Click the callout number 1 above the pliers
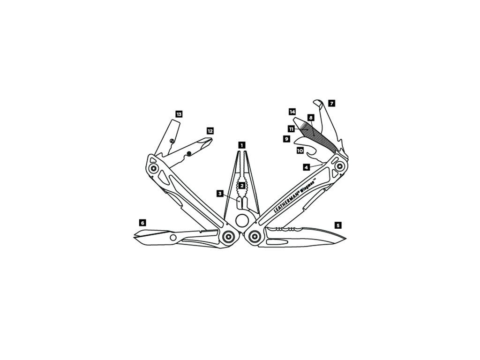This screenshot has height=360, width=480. (x=241, y=145)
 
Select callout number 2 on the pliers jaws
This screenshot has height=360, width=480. (x=241, y=186)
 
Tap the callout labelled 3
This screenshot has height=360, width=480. (x=219, y=193)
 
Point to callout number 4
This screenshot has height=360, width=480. (x=306, y=167)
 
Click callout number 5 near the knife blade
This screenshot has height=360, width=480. (x=338, y=225)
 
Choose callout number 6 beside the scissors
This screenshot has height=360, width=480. (x=142, y=222)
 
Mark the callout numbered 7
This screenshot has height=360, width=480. (x=332, y=103)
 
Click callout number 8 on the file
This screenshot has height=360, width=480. (x=310, y=118)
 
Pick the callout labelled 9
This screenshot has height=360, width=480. (x=286, y=139)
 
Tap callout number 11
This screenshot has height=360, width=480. (x=291, y=128)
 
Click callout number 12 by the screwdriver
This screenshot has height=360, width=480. (x=210, y=131)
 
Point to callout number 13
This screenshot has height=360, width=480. (x=179, y=114)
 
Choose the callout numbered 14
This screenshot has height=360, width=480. (x=292, y=112)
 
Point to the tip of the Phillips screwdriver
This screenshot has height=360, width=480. (x=212, y=140)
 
